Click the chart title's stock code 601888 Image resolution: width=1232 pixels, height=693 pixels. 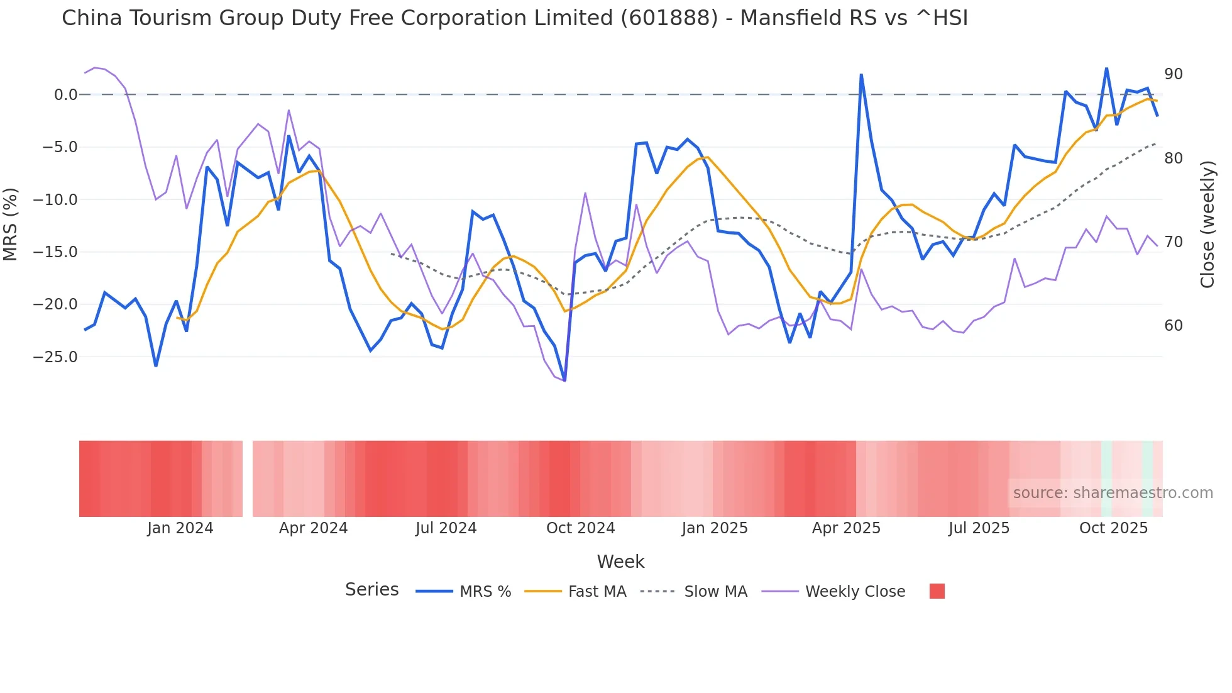(x=669, y=18)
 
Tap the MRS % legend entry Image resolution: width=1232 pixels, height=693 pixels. (x=485, y=592)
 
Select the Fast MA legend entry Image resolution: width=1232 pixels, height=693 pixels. (x=597, y=592)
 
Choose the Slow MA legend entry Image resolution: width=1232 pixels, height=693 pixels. (x=715, y=592)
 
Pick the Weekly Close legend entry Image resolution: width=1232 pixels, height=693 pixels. (x=855, y=592)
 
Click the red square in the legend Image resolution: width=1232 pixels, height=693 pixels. (x=937, y=591)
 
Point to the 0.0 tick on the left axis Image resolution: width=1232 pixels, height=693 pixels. (x=65, y=95)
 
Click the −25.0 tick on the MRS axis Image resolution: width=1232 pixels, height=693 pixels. (x=55, y=357)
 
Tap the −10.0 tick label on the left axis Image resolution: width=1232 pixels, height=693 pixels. (x=55, y=200)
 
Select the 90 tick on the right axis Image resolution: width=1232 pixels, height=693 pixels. (x=1173, y=74)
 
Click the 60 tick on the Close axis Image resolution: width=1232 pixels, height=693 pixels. (x=1173, y=326)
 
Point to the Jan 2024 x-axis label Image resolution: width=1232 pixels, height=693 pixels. (x=180, y=528)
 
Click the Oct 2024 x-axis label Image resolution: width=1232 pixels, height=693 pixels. (x=580, y=528)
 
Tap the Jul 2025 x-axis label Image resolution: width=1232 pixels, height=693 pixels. (x=979, y=528)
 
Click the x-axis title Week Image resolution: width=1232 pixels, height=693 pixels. (x=620, y=562)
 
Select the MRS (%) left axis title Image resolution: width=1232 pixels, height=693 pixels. (x=11, y=225)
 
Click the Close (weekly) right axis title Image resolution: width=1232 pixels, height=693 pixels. (x=1207, y=225)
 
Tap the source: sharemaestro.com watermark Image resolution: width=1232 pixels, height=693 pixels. (x=1113, y=493)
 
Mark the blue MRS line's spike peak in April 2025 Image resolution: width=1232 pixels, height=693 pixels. (x=861, y=75)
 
